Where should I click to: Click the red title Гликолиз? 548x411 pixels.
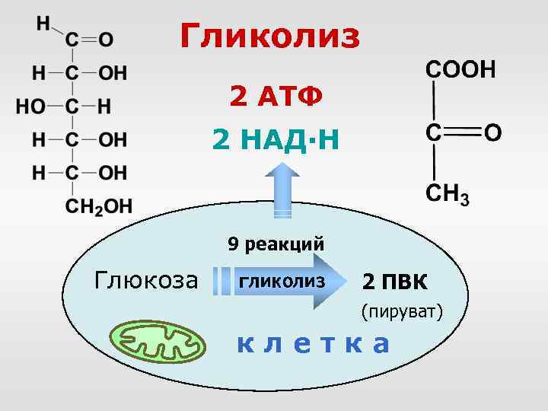click(x=271, y=36)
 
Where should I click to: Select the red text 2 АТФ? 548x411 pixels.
click(x=276, y=97)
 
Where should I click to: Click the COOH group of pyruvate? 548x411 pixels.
click(x=460, y=70)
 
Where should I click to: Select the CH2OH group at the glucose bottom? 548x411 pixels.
click(x=98, y=205)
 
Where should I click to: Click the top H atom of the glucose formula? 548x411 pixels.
click(x=43, y=22)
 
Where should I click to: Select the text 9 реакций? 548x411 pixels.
click(x=276, y=244)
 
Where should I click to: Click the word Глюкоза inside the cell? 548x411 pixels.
click(x=145, y=281)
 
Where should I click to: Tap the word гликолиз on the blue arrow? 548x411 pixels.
click(x=282, y=281)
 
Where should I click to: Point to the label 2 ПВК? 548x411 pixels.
click(x=395, y=282)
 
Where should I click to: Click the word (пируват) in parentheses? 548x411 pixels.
click(x=403, y=311)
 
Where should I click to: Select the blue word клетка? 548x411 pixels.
click(x=312, y=344)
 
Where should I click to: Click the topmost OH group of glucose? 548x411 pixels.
click(x=113, y=73)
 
